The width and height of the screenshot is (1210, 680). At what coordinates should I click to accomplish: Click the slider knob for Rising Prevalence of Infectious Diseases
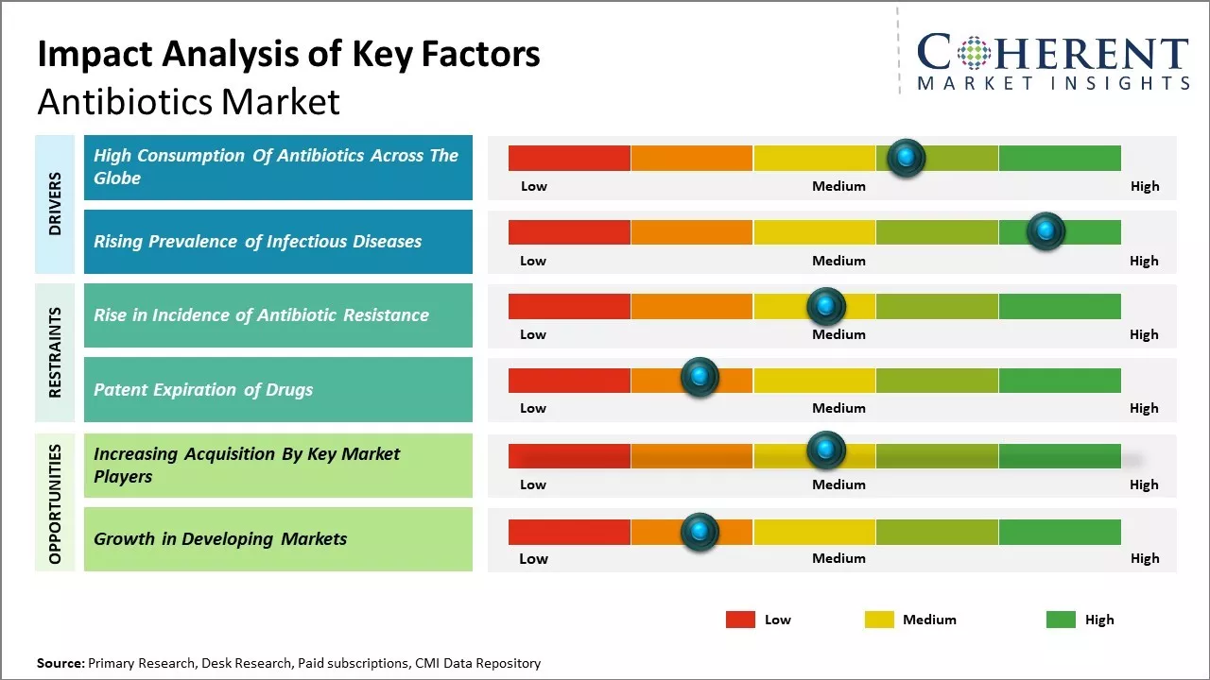(1046, 231)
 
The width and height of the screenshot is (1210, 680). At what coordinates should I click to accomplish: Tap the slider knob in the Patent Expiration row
(700, 378)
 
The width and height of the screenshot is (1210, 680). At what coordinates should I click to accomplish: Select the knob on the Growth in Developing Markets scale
(700, 533)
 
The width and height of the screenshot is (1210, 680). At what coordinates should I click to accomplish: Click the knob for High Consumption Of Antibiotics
(907, 158)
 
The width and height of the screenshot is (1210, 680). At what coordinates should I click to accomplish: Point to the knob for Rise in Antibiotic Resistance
(825, 306)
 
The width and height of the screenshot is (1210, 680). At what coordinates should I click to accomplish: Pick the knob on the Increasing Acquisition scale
(825, 450)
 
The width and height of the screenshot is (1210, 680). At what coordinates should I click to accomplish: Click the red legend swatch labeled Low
(740, 620)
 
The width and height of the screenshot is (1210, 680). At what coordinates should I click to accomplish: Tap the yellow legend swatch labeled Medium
(879, 620)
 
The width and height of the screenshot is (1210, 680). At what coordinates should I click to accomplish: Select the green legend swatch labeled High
(1061, 620)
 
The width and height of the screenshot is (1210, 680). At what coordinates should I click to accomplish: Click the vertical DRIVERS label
(56, 204)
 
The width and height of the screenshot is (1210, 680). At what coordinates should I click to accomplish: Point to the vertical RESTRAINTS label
(56, 352)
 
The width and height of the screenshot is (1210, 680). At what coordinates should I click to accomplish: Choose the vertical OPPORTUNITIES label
(56, 504)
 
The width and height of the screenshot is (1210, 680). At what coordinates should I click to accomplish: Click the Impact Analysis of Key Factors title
(288, 55)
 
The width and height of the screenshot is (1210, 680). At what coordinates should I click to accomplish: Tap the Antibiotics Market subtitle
(188, 101)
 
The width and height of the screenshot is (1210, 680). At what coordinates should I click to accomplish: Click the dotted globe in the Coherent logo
(973, 53)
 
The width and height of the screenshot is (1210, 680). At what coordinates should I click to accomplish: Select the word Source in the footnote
(60, 663)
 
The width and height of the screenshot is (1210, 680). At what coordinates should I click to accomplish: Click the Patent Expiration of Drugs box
(278, 389)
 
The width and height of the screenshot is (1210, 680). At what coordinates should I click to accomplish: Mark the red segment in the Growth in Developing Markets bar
(569, 533)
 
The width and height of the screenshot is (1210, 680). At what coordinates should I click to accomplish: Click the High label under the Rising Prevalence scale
(1144, 261)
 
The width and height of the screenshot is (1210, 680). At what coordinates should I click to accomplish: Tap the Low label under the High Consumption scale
(534, 186)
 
